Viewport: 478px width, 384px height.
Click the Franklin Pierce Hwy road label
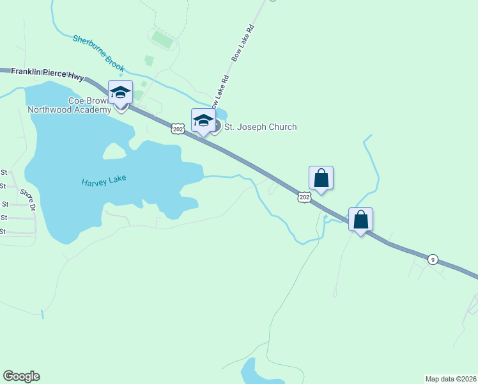tap(43, 73)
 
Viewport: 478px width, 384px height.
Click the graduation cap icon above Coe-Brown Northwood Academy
tap(120, 92)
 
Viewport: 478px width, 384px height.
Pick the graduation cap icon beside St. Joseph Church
tap(203, 120)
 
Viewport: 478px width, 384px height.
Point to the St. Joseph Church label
tap(260, 127)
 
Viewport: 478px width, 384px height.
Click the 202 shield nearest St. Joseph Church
tap(178, 129)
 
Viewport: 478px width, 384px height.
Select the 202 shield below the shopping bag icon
tap(304, 198)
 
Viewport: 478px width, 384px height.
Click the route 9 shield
tap(433, 259)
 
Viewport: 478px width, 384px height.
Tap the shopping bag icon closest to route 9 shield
tap(360, 220)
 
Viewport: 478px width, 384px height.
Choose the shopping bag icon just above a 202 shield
tap(321, 178)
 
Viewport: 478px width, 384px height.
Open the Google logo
tap(21, 376)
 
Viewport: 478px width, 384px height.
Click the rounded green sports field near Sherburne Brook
tap(164, 41)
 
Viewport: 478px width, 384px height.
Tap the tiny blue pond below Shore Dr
tap(42, 314)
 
